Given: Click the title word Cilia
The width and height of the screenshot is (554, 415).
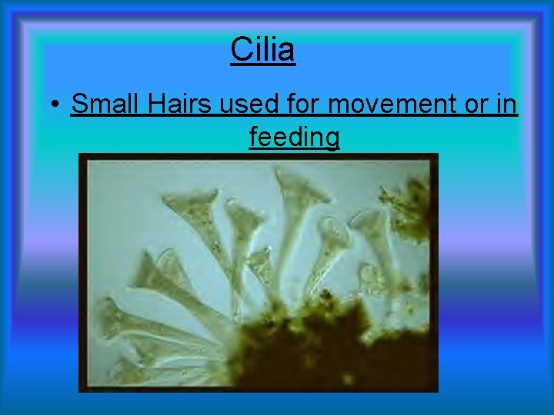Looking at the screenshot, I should click(262, 50).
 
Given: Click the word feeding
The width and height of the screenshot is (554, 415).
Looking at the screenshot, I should click(294, 138).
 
